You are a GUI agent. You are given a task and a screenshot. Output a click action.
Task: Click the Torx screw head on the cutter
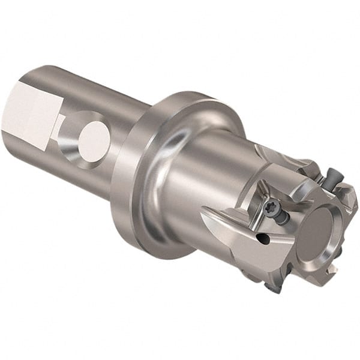(x=268, y=208)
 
